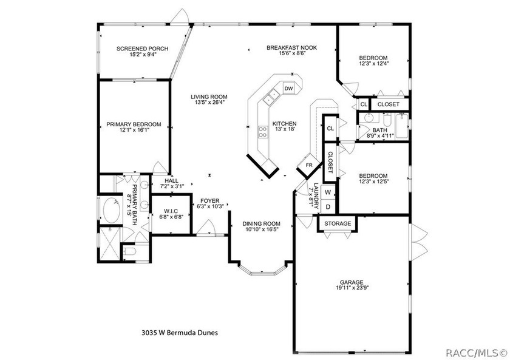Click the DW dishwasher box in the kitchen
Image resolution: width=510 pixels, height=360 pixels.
(288, 88)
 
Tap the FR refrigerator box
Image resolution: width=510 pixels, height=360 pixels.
(309, 165)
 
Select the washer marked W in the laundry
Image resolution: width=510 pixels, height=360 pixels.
(328, 192)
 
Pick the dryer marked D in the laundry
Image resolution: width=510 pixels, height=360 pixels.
(328, 207)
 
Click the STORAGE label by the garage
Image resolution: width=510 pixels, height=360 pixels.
(338, 224)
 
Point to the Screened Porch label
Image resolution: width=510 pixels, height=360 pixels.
(143, 49)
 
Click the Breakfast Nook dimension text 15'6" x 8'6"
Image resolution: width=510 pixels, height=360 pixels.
(292, 53)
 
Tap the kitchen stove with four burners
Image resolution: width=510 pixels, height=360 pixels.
(263, 132)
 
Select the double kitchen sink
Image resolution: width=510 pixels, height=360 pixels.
(271, 97)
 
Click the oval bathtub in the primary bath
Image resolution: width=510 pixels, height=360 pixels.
(110, 210)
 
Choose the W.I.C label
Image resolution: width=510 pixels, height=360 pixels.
(171, 211)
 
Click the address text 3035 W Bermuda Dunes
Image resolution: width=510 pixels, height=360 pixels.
(180, 333)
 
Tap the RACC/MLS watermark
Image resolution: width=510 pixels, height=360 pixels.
(476, 353)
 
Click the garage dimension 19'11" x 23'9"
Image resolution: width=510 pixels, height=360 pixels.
(352, 288)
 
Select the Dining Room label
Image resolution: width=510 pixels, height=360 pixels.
(261, 224)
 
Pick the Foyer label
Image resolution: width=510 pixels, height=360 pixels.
(210, 201)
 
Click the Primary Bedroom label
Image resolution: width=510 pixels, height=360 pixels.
(134, 124)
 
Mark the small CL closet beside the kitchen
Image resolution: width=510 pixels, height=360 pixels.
(330, 128)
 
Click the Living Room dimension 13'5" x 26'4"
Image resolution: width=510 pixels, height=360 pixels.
(209, 102)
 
